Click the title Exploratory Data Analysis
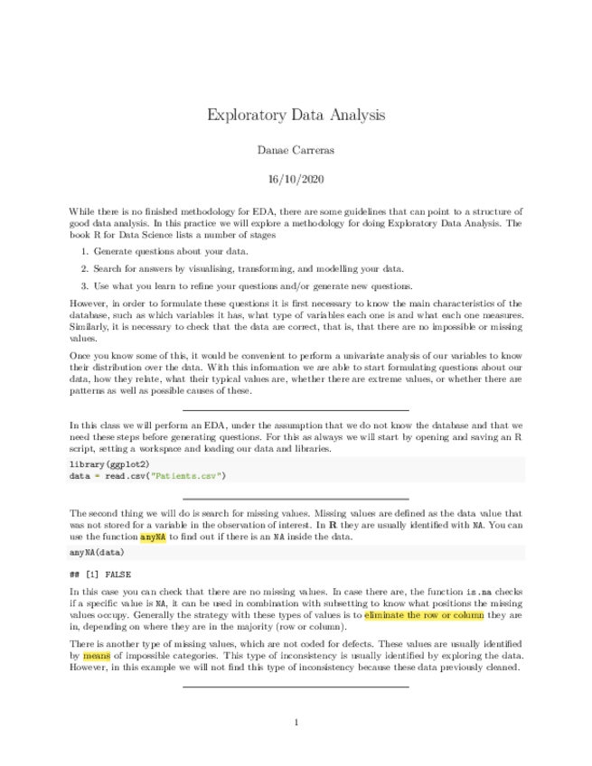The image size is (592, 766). pos(296,115)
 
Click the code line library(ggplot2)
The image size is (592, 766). pos(104,462)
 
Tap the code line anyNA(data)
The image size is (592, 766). pos(97,550)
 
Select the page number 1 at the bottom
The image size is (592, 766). pos(296,722)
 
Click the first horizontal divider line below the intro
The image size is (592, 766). pos(296,410)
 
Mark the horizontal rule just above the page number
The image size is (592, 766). pos(296,687)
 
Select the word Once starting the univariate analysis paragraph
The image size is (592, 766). pos(81,357)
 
